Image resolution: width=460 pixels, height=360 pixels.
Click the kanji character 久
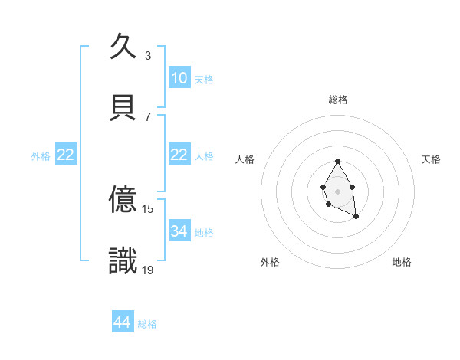(123, 47)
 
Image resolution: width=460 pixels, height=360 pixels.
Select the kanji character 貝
(123, 107)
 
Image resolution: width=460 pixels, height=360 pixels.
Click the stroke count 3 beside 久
(148, 56)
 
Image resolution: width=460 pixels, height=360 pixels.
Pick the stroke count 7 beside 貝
(148, 116)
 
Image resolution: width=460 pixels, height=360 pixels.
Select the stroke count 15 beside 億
(148, 208)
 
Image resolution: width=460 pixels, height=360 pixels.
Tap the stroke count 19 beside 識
(148, 270)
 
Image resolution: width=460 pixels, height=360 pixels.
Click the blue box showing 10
(179, 78)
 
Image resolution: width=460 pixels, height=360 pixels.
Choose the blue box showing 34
(179, 231)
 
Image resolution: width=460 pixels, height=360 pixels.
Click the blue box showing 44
(123, 323)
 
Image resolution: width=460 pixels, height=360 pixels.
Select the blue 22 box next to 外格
(66, 155)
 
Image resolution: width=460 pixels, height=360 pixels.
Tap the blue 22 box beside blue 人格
(179, 155)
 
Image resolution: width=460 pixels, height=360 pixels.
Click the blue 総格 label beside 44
(147, 324)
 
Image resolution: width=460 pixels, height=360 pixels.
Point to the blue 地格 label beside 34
(204, 232)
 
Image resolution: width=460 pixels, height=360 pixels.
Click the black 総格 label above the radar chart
(338, 100)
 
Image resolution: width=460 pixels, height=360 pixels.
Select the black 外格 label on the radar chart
(270, 262)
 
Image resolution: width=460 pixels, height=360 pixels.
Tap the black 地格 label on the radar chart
(402, 262)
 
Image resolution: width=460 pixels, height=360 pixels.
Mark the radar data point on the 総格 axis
(337, 162)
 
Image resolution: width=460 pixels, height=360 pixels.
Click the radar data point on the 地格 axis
(356, 217)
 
